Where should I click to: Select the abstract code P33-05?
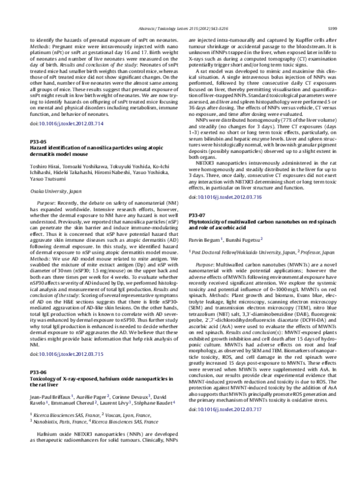[x=38, y=140]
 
